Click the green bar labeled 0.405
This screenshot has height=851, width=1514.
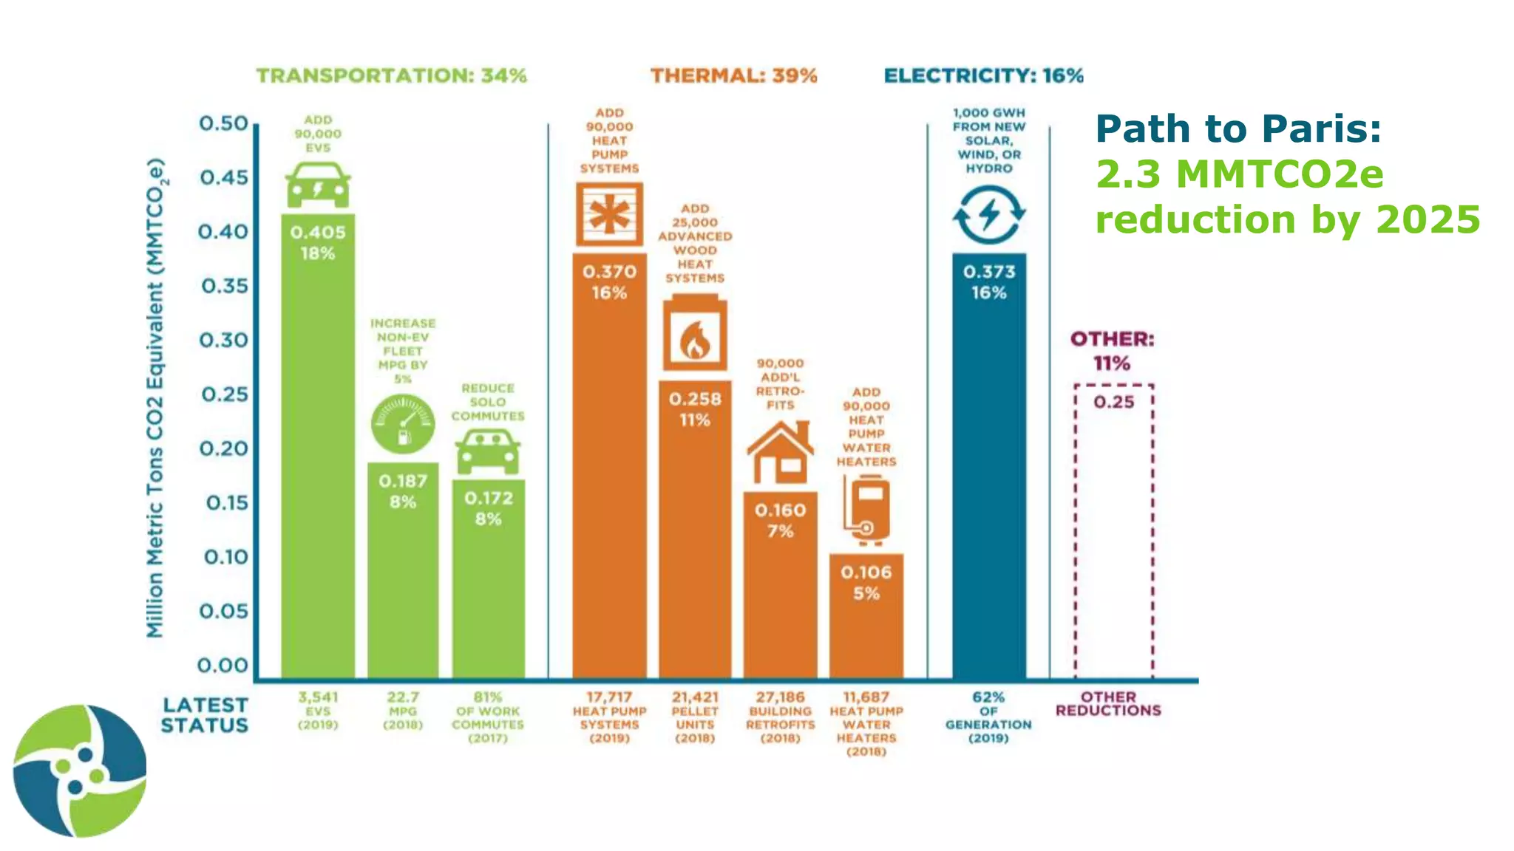[x=318, y=443]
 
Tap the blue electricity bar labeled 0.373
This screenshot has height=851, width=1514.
[x=989, y=465]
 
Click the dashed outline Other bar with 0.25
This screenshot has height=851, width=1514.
[x=1113, y=532]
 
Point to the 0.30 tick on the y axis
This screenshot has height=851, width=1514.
[x=224, y=341]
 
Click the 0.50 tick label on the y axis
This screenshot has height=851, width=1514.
[x=224, y=123]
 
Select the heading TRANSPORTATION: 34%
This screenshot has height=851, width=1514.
[x=391, y=75]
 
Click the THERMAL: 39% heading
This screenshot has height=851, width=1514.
[x=733, y=75]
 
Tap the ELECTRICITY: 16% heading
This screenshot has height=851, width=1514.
[x=983, y=75]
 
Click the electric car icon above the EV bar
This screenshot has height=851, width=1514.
[x=318, y=185]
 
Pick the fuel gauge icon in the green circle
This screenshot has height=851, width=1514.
[x=403, y=424]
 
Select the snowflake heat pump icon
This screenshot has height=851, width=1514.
[x=609, y=214]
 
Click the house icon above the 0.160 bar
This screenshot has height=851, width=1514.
[x=780, y=452]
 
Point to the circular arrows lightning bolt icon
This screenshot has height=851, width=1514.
[x=989, y=215]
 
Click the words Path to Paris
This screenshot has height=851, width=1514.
[x=1238, y=129]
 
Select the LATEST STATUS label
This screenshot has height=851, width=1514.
[x=205, y=715]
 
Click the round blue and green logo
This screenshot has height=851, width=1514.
[x=80, y=770]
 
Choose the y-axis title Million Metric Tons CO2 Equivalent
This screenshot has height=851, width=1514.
[x=155, y=399]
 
